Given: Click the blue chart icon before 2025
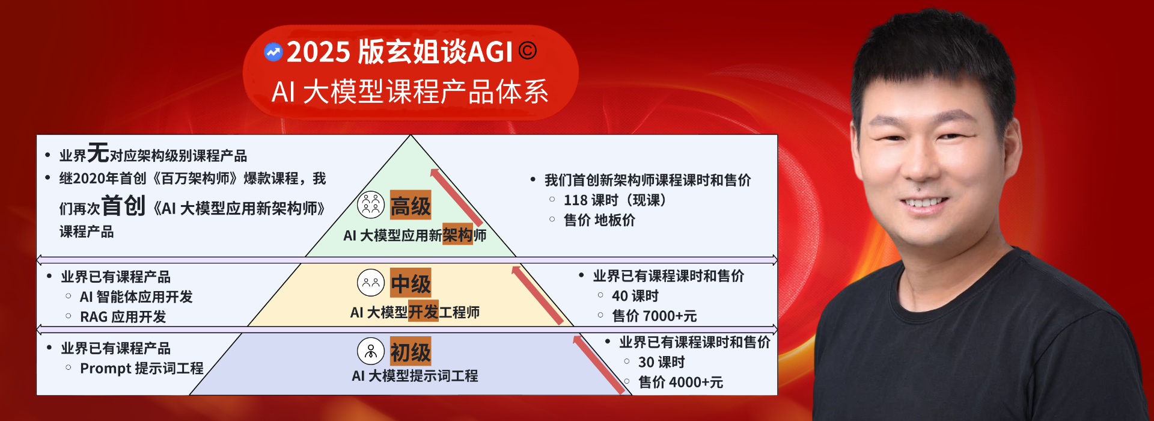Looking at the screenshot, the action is click(x=273, y=52).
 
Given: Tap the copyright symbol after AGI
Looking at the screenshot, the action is click(x=527, y=51).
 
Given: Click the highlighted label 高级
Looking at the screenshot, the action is click(x=411, y=206).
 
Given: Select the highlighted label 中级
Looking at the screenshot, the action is click(x=411, y=283).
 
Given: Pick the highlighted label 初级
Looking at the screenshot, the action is click(x=411, y=351).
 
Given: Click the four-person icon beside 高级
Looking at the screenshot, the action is click(x=371, y=205).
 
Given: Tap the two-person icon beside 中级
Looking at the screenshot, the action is click(x=371, y=283).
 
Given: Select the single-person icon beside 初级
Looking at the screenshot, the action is click(x=371, y=351).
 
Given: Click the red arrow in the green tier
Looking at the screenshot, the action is click(x=456, y=198).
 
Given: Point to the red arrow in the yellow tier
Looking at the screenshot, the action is click(x=537, y=295).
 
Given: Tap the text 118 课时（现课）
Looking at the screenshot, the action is click(x=615, y=200).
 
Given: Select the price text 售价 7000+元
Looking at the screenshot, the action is click(x=654, y=316).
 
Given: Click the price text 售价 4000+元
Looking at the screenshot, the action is click(x=680, y=382).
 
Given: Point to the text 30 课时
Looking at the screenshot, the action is click(x=661, y=362).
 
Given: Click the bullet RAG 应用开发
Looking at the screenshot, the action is click(x=123, y=317).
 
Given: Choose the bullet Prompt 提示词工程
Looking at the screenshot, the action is click(x=142, y=368).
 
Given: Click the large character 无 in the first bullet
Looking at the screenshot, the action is click(x=98, y=153).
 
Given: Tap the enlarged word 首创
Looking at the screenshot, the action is click(x=123, y=206).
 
